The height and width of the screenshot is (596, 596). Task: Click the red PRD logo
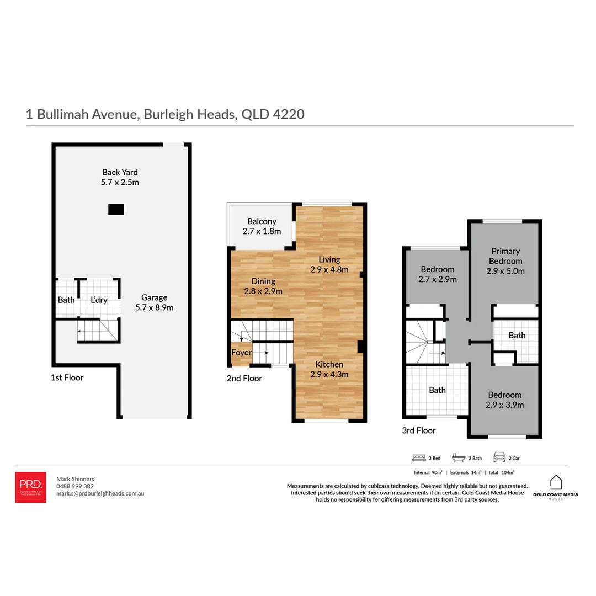pyautogui.click(x=30, y=487)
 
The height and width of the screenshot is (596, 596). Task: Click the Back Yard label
pyautogui.click(x=120, y=177)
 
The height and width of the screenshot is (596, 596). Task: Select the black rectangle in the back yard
pyautogui.click(x=116, y=209)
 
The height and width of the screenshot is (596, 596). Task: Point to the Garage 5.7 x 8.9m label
pyautogui.click(x=155, y=302)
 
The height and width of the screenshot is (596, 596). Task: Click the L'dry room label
pyautogui.click(x=99, y=300)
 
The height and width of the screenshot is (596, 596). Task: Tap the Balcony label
pyautogui.click(x=262, y=226)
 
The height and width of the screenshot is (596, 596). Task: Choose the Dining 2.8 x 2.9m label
pyautogui.click(x=263, y=286)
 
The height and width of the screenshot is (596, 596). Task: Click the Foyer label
pyautogui.click(x=241, y=353)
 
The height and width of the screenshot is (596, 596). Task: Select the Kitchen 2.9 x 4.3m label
pyautogui.click(x=329, y=369)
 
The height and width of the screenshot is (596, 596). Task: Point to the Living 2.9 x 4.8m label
pyautogui.click(x=329, y=264)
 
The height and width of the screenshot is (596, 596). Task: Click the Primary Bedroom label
pyautogui.click(x=505, y=261)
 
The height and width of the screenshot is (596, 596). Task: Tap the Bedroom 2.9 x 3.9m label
pyautogui.click(x=505, y=400)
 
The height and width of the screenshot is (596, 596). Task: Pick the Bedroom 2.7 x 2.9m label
pyautogui.click(x=438, y=274)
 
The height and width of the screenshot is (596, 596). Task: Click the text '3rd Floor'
pyautogui.click(x=419, y=430)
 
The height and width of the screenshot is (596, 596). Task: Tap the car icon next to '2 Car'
pyautogui.click(x=499, y=457)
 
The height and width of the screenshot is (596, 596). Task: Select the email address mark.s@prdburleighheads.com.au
pyautogui.click(x=100, y=494)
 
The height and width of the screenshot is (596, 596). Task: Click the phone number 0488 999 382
pyautogui.click(x=75, y=486)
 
